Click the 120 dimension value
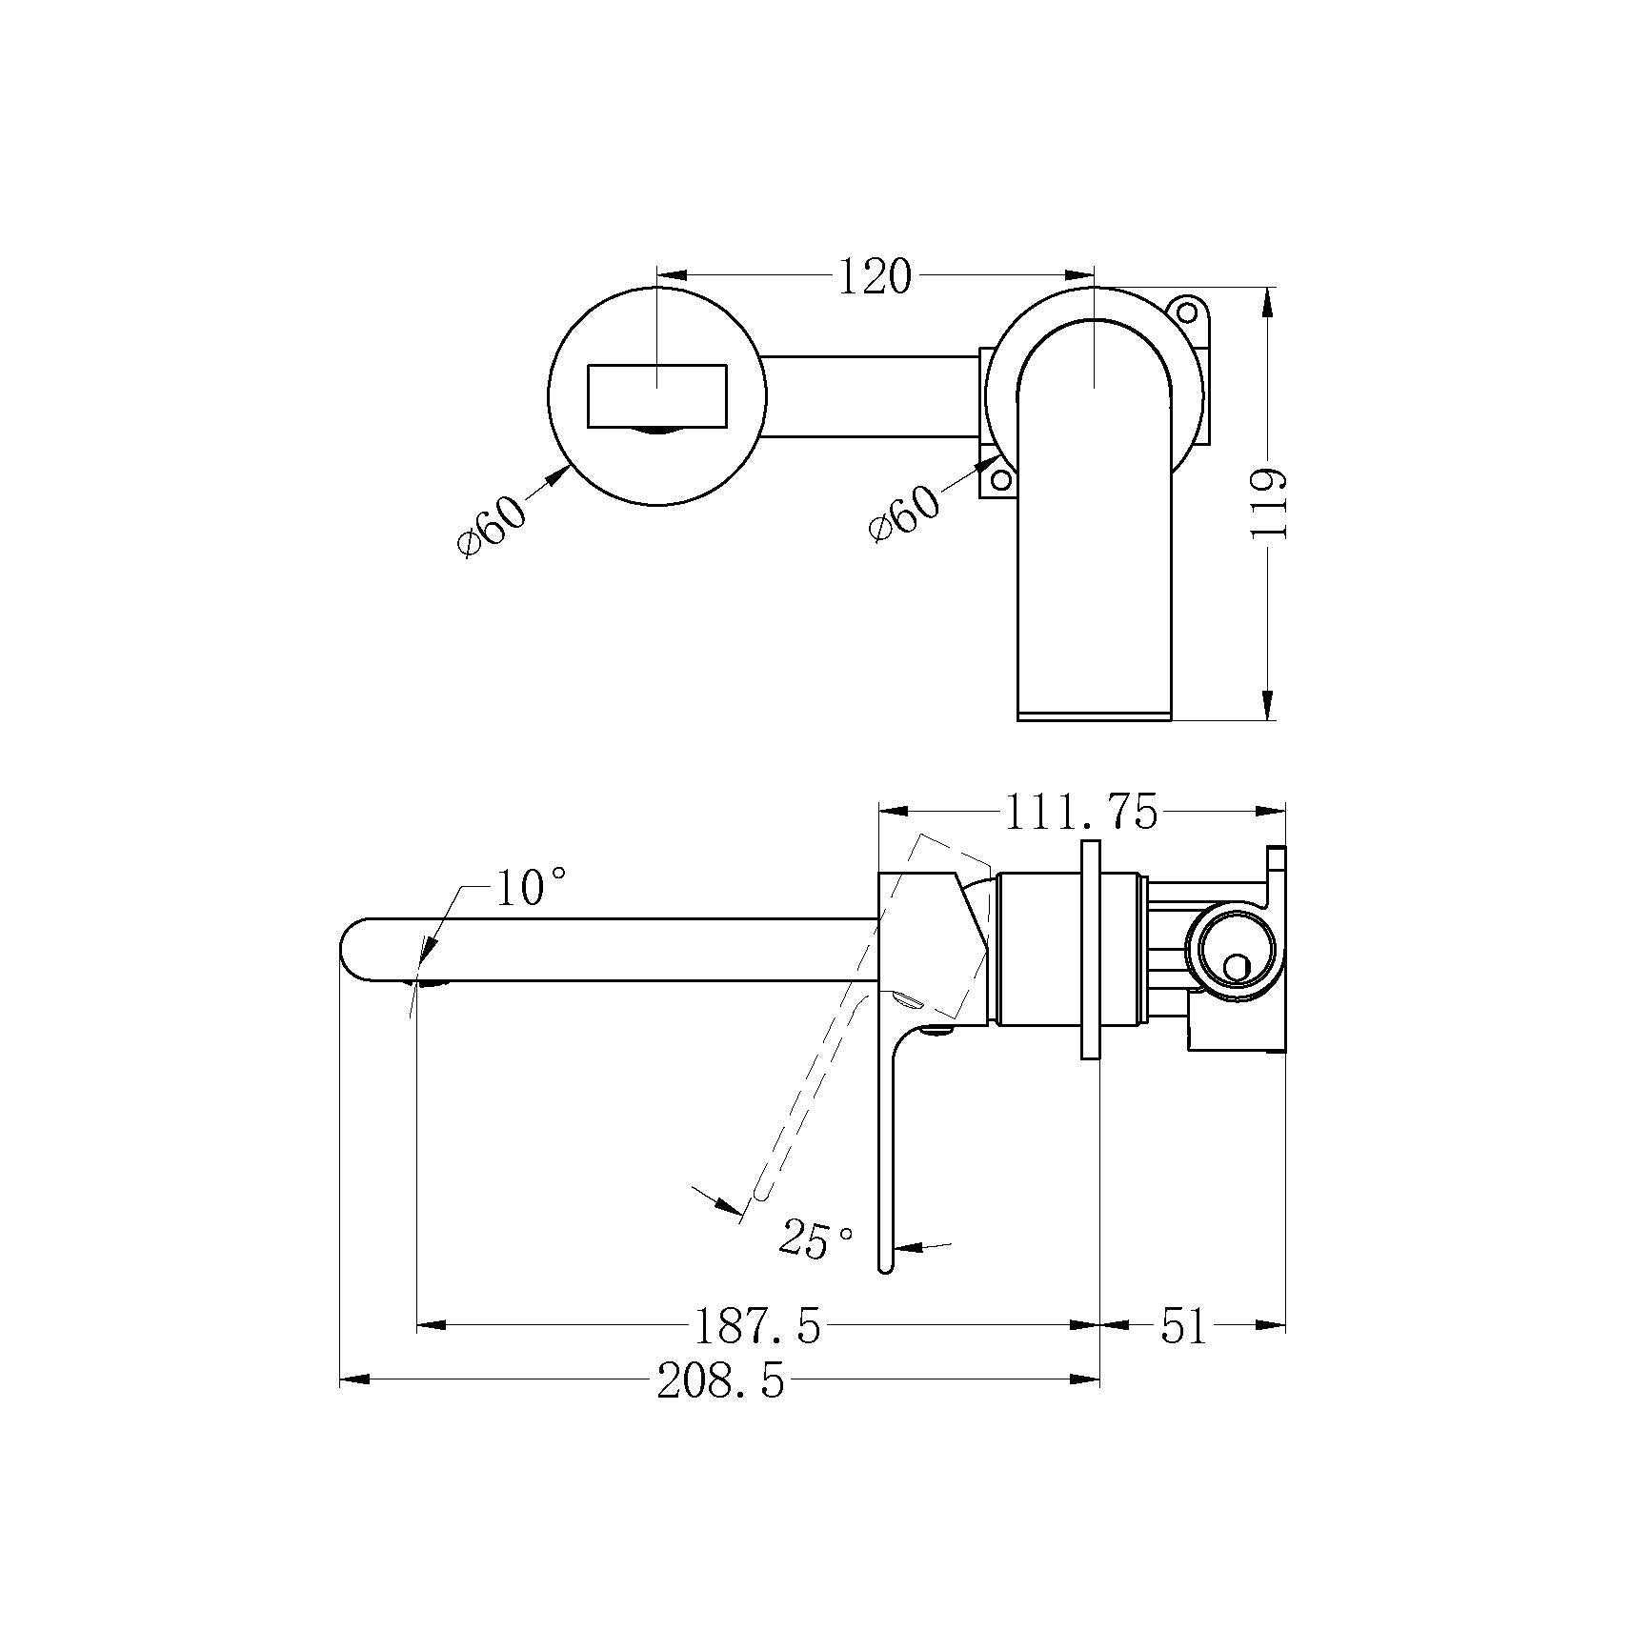tap(874, 277)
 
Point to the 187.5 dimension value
tap(756, 1325)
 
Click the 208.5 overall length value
tap(721, 1380)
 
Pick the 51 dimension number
tap(1184, 1325)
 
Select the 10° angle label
tap(532, 888)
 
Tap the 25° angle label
tap(815, 1238)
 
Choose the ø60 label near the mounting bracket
tap(904, 513)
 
